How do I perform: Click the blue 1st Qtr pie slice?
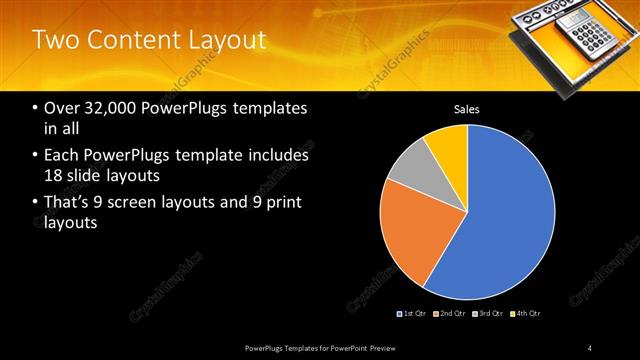coord(510,215)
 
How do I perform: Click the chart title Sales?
coord(467,108)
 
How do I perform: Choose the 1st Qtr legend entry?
coord(411,314)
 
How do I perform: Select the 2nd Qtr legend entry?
coord(450,314)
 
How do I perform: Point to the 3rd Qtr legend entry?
coord(487,314)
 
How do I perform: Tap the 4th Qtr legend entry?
coord(525,314)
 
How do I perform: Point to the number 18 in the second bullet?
coord(54,176)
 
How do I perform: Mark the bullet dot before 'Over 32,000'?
coord(35,108)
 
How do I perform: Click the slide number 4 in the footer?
coord(590,347)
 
